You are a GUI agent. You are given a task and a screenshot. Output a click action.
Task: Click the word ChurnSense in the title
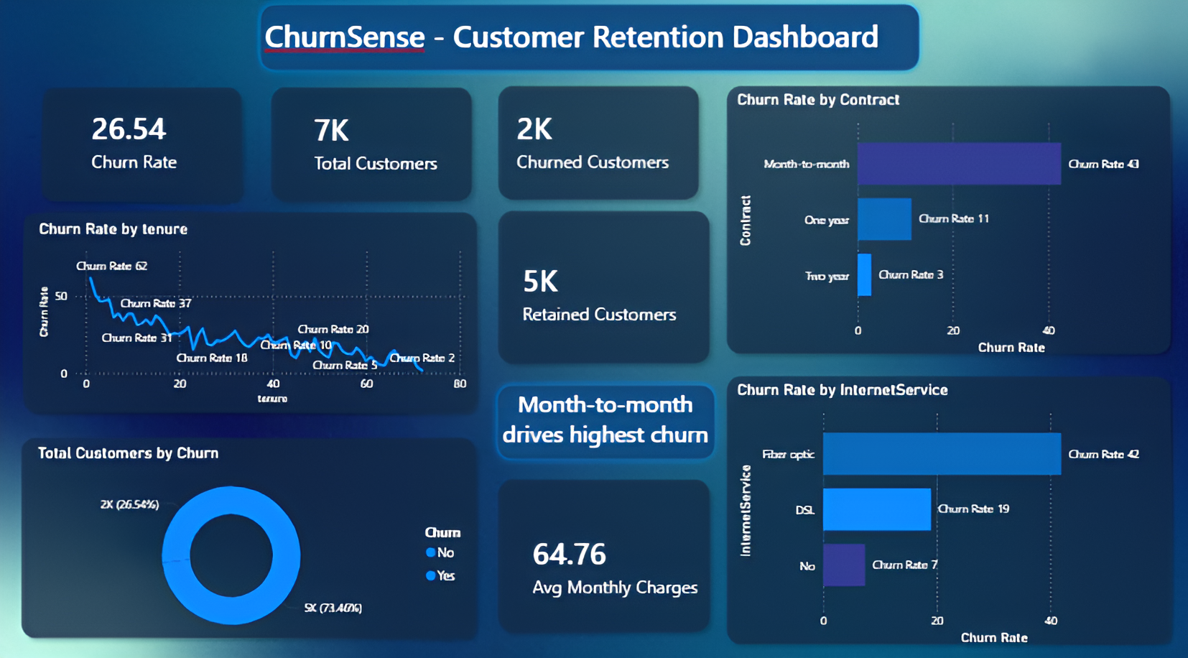344,37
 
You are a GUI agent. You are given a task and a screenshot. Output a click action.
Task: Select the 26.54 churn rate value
129,129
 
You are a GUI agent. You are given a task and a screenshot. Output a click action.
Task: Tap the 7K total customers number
331,131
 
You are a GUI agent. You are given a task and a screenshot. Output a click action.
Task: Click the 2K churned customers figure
534,129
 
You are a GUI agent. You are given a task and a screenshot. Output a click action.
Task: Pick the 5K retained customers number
540,282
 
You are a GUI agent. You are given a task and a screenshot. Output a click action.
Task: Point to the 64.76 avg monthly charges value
569,554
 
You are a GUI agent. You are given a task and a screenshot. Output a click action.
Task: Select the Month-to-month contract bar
958,163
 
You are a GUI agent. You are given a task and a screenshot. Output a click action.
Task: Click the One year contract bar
884,219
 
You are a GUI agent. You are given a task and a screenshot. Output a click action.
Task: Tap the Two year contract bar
864,274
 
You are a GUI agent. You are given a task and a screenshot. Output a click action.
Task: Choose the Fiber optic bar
941,453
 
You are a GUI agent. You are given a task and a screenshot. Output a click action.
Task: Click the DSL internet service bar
876,509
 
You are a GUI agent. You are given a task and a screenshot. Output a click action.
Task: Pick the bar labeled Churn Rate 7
844,565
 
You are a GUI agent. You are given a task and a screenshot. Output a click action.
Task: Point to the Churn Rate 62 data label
111,266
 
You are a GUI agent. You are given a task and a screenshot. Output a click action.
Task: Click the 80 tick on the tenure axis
460,384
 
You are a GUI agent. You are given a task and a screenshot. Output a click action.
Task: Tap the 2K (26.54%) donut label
129,504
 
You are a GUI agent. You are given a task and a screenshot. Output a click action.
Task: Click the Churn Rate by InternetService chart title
842,390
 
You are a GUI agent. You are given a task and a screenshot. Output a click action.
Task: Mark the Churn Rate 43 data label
1103,164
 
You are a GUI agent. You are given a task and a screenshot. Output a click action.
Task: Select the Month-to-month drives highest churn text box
605,420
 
